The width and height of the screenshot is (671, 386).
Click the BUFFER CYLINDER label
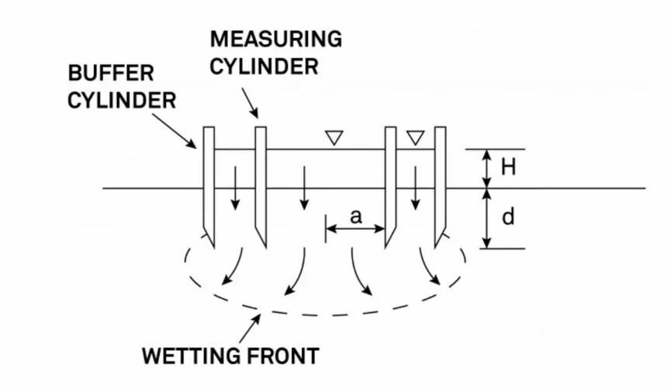pyautogui.click(x=120, y=86)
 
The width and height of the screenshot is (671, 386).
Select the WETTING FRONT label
pyautogui.click(x=230, y=356)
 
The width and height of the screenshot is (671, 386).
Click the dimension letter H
pyautogui.click(x=509, y=167)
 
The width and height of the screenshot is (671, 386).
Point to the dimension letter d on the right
pyautogui.click(x=509, y=217)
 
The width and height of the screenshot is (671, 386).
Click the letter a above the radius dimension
pyautogui.click(x=355, y=217)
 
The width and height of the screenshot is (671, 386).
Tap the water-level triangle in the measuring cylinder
pyautogui.click(x=334, y=137)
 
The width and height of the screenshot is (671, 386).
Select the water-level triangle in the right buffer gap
pyautogui.click(x=416, y=137)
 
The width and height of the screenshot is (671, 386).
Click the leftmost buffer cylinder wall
pyautogui.click(x=209, y=183)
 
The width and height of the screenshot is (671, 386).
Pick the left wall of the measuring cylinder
pyautogui.click(x=261, y=183)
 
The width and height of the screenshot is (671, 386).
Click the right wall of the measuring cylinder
pyautogui.click(x=391, y=183)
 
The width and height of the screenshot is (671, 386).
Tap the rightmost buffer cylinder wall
pyautogui.click(x=440, y=183)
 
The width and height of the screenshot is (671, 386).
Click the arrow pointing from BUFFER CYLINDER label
pyautogui.click(x=175, y=129)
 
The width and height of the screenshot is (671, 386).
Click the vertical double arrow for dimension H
pyautogui.click(x=487, y=168)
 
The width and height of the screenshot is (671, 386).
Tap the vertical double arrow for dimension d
pyautogui.click(x=487, y=218)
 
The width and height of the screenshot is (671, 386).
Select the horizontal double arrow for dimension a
pyautogui.click(x=355, y=229)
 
